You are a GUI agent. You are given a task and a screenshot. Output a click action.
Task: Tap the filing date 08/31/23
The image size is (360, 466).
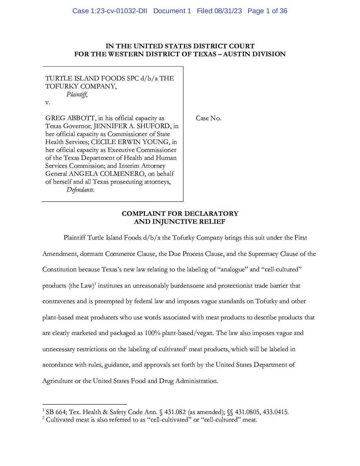click(x=228, y=11)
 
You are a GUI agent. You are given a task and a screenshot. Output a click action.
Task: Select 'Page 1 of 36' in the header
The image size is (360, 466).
click(x=267, y=11)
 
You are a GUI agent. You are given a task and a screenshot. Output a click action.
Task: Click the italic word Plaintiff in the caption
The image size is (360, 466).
click(x=77, y=94)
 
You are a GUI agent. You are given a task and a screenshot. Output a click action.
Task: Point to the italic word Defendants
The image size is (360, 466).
click(x=80, y=190)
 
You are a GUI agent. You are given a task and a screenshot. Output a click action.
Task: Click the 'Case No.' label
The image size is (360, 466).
click(x=208, y=118)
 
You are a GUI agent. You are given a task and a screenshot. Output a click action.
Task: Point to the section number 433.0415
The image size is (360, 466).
click(x=276, y=412)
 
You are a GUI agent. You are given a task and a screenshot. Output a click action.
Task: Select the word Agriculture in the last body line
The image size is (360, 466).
click(x=58, y=381)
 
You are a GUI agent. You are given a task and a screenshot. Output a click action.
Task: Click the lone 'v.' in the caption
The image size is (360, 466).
click(x=48, y=102)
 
